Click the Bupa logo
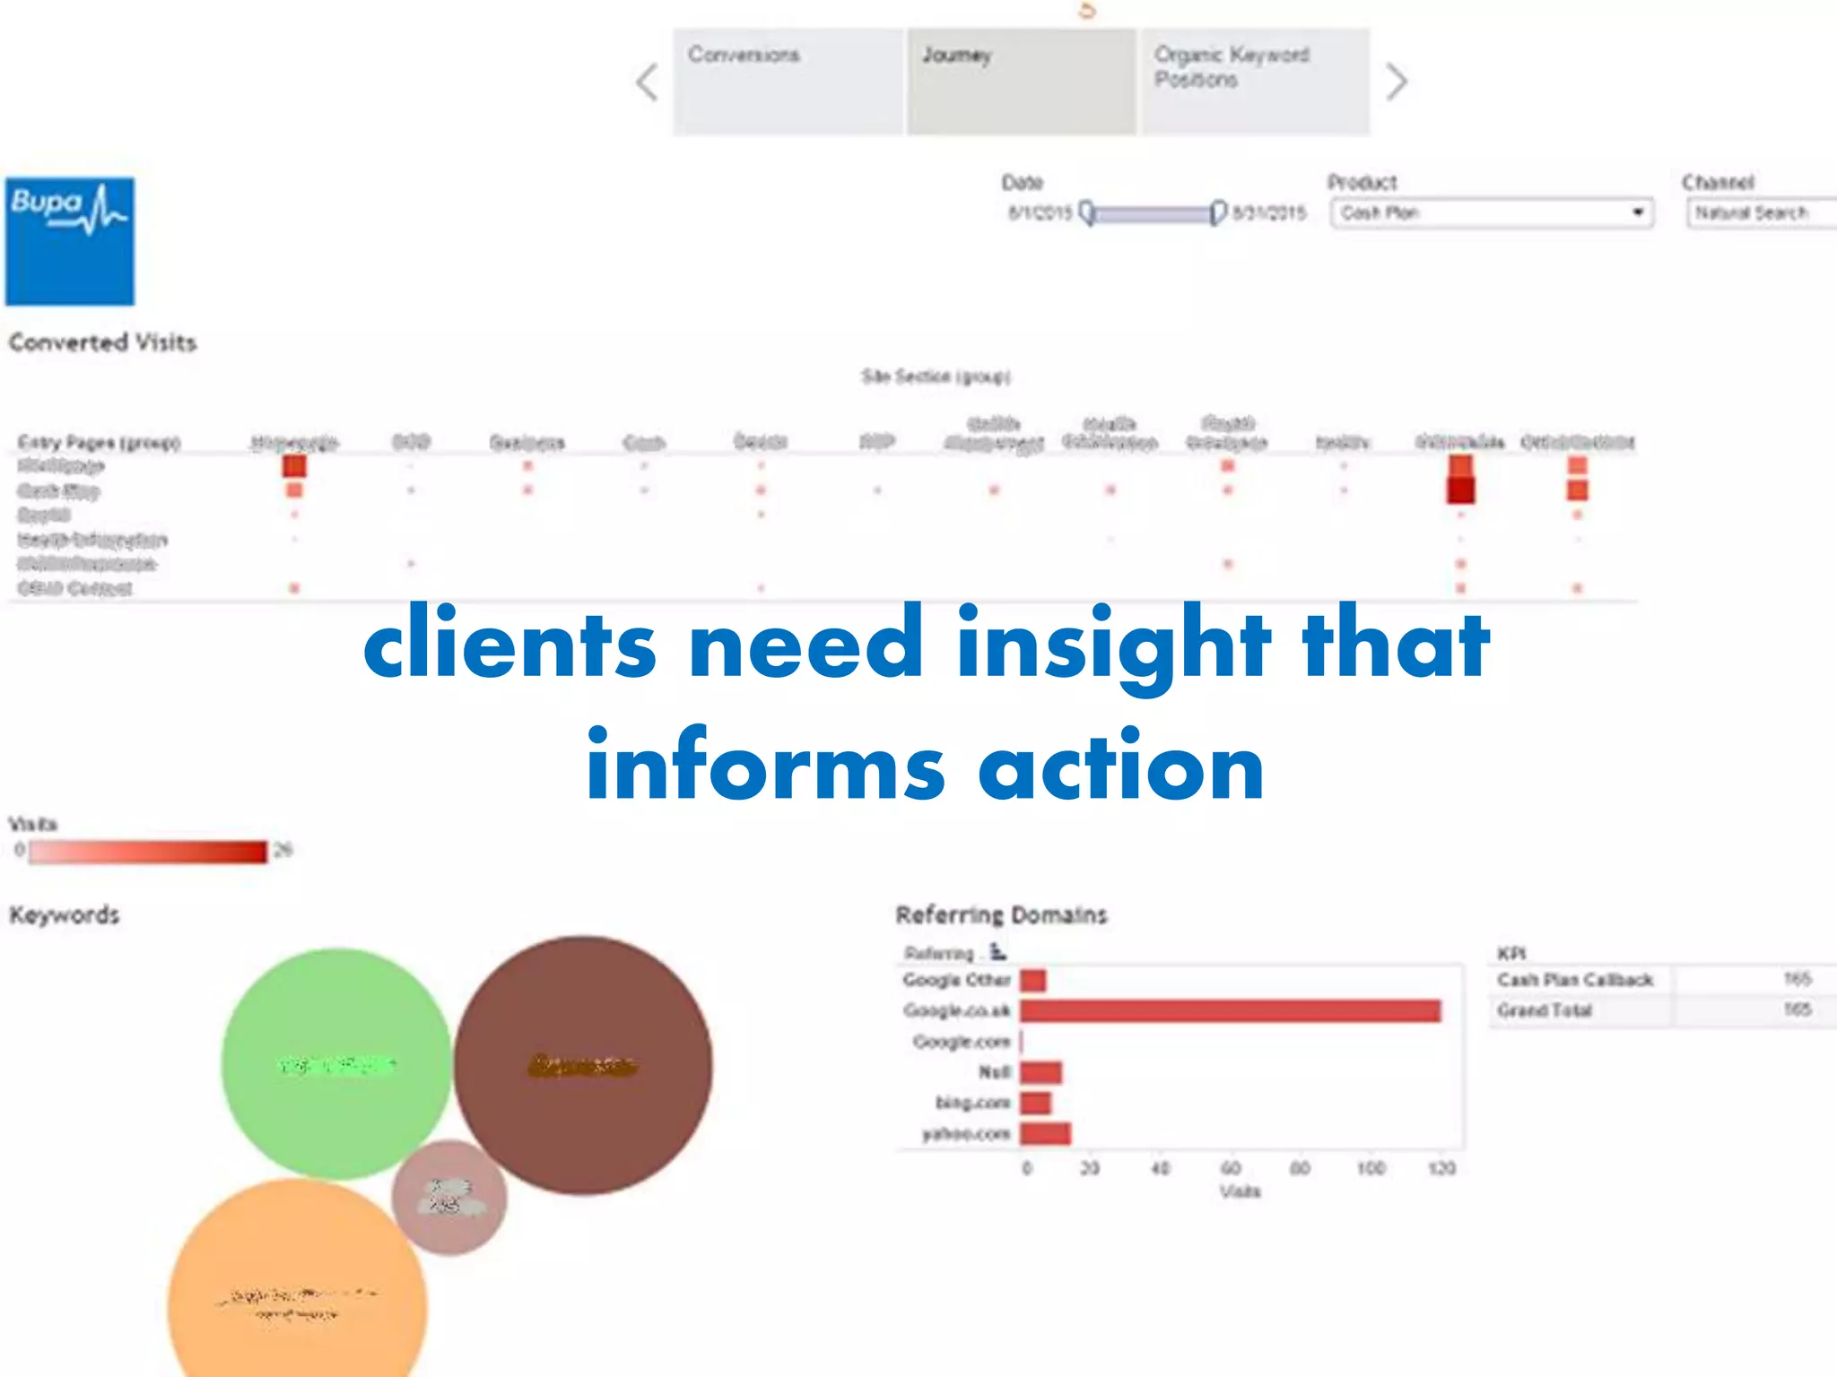[70, 240]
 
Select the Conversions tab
[788, 82]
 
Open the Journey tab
[1021, 82]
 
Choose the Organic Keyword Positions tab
[1254, 82]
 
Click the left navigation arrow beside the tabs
[648, 82]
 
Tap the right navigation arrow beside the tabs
[1396, 82]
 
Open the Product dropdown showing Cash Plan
[1491, 213]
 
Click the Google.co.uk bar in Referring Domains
[1229, 1011]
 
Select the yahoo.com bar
[1045, 1134]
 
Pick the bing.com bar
[1035, 1103]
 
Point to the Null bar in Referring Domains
[1040, 1072]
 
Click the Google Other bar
[1032, 980]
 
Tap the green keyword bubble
[336, 1063]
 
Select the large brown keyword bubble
[583, 1065]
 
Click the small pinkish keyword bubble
[448, 1198]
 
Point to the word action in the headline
[1121, 767]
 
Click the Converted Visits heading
[102, 342]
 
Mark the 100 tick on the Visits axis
[1371, 1168]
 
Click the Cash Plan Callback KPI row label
[1574, 980]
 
